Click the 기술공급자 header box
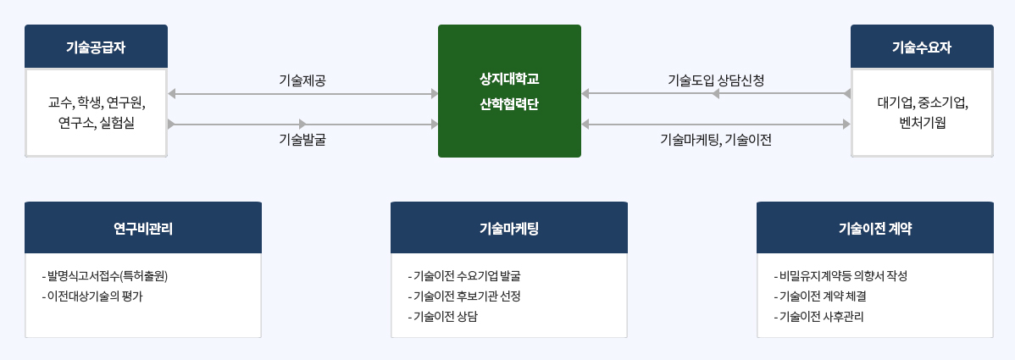click(x=96, y=47)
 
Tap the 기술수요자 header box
click(x=922, y=47)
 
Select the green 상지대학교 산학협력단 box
click(x=509, y=91)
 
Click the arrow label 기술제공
click(x=302, y=80)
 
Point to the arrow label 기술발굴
click(x=302, y=140)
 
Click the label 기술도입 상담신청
click(x=716, y=80)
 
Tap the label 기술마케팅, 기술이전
click(x=716, y=140)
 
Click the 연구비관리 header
click(x=143, y=228)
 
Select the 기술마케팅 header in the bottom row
click(x=509, y=228)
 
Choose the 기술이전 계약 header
click(x=874, y=228)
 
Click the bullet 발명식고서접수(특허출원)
click(x=111, y=276)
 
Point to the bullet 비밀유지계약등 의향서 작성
click(x=841, y=276)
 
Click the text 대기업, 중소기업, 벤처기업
click(x=922, y=113)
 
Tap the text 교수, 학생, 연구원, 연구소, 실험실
click(x=97, y=113)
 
